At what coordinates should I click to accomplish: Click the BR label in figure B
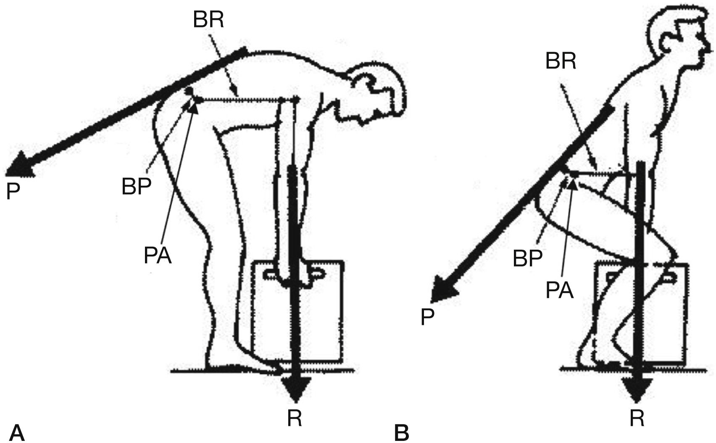pos(561,62)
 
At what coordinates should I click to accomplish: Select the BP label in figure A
pos(137,187)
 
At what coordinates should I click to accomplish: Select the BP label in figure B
pos(528,258)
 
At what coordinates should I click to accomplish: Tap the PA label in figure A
pos(158,255)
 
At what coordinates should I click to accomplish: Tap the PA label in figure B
pos(560,290)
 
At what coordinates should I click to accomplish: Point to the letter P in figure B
pos(427,317)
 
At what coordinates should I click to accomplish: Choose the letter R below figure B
pos(637,418)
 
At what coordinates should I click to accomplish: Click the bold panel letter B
pos(402,432)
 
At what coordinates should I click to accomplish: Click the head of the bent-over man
pos(378,92)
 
